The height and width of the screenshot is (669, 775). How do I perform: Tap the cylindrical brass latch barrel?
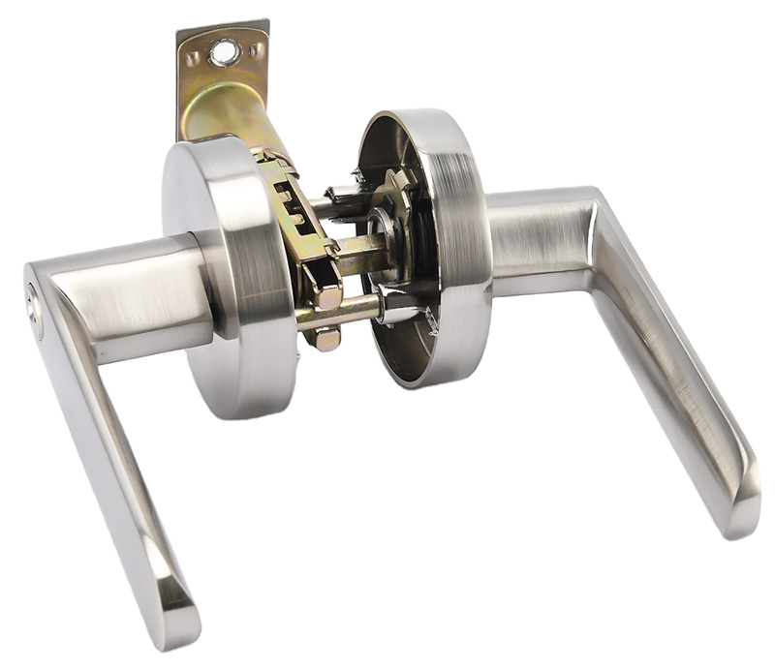pos(228,121)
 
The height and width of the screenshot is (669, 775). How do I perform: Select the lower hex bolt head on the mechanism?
pos(326,339)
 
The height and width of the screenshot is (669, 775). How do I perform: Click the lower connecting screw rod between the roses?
pos(334,312)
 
